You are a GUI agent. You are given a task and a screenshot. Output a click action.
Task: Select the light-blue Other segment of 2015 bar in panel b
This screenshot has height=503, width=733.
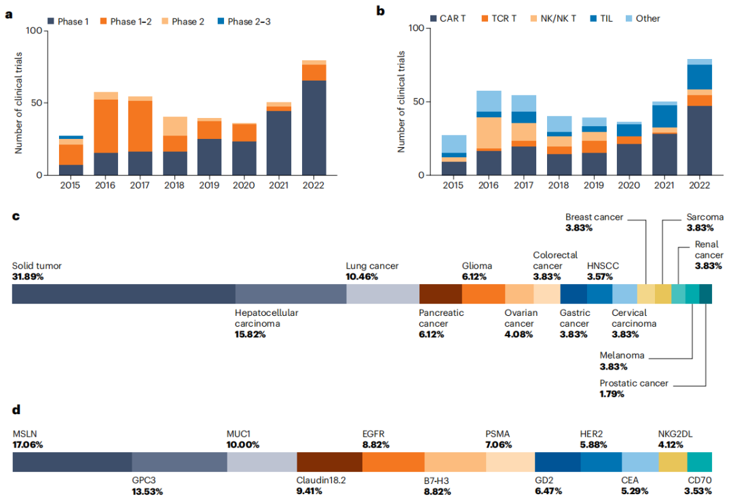453,144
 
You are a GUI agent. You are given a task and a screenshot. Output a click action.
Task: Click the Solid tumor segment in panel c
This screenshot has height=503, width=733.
124,294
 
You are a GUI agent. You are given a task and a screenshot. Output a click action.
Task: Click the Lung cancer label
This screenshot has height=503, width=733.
372,266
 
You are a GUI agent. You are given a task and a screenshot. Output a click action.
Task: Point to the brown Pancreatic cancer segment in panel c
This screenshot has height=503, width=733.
440,294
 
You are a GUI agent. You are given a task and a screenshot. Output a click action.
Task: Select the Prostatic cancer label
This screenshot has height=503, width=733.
634,383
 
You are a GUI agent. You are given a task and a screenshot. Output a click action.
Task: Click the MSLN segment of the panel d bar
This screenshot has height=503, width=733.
72,462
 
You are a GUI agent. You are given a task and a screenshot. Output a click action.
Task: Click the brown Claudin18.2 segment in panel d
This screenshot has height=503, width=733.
329,462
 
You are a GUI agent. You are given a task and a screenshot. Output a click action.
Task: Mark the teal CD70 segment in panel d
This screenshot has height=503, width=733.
699,462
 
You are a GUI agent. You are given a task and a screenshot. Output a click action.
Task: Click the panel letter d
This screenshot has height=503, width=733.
16,410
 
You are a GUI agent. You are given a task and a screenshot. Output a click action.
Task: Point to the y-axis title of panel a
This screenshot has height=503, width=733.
18,102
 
